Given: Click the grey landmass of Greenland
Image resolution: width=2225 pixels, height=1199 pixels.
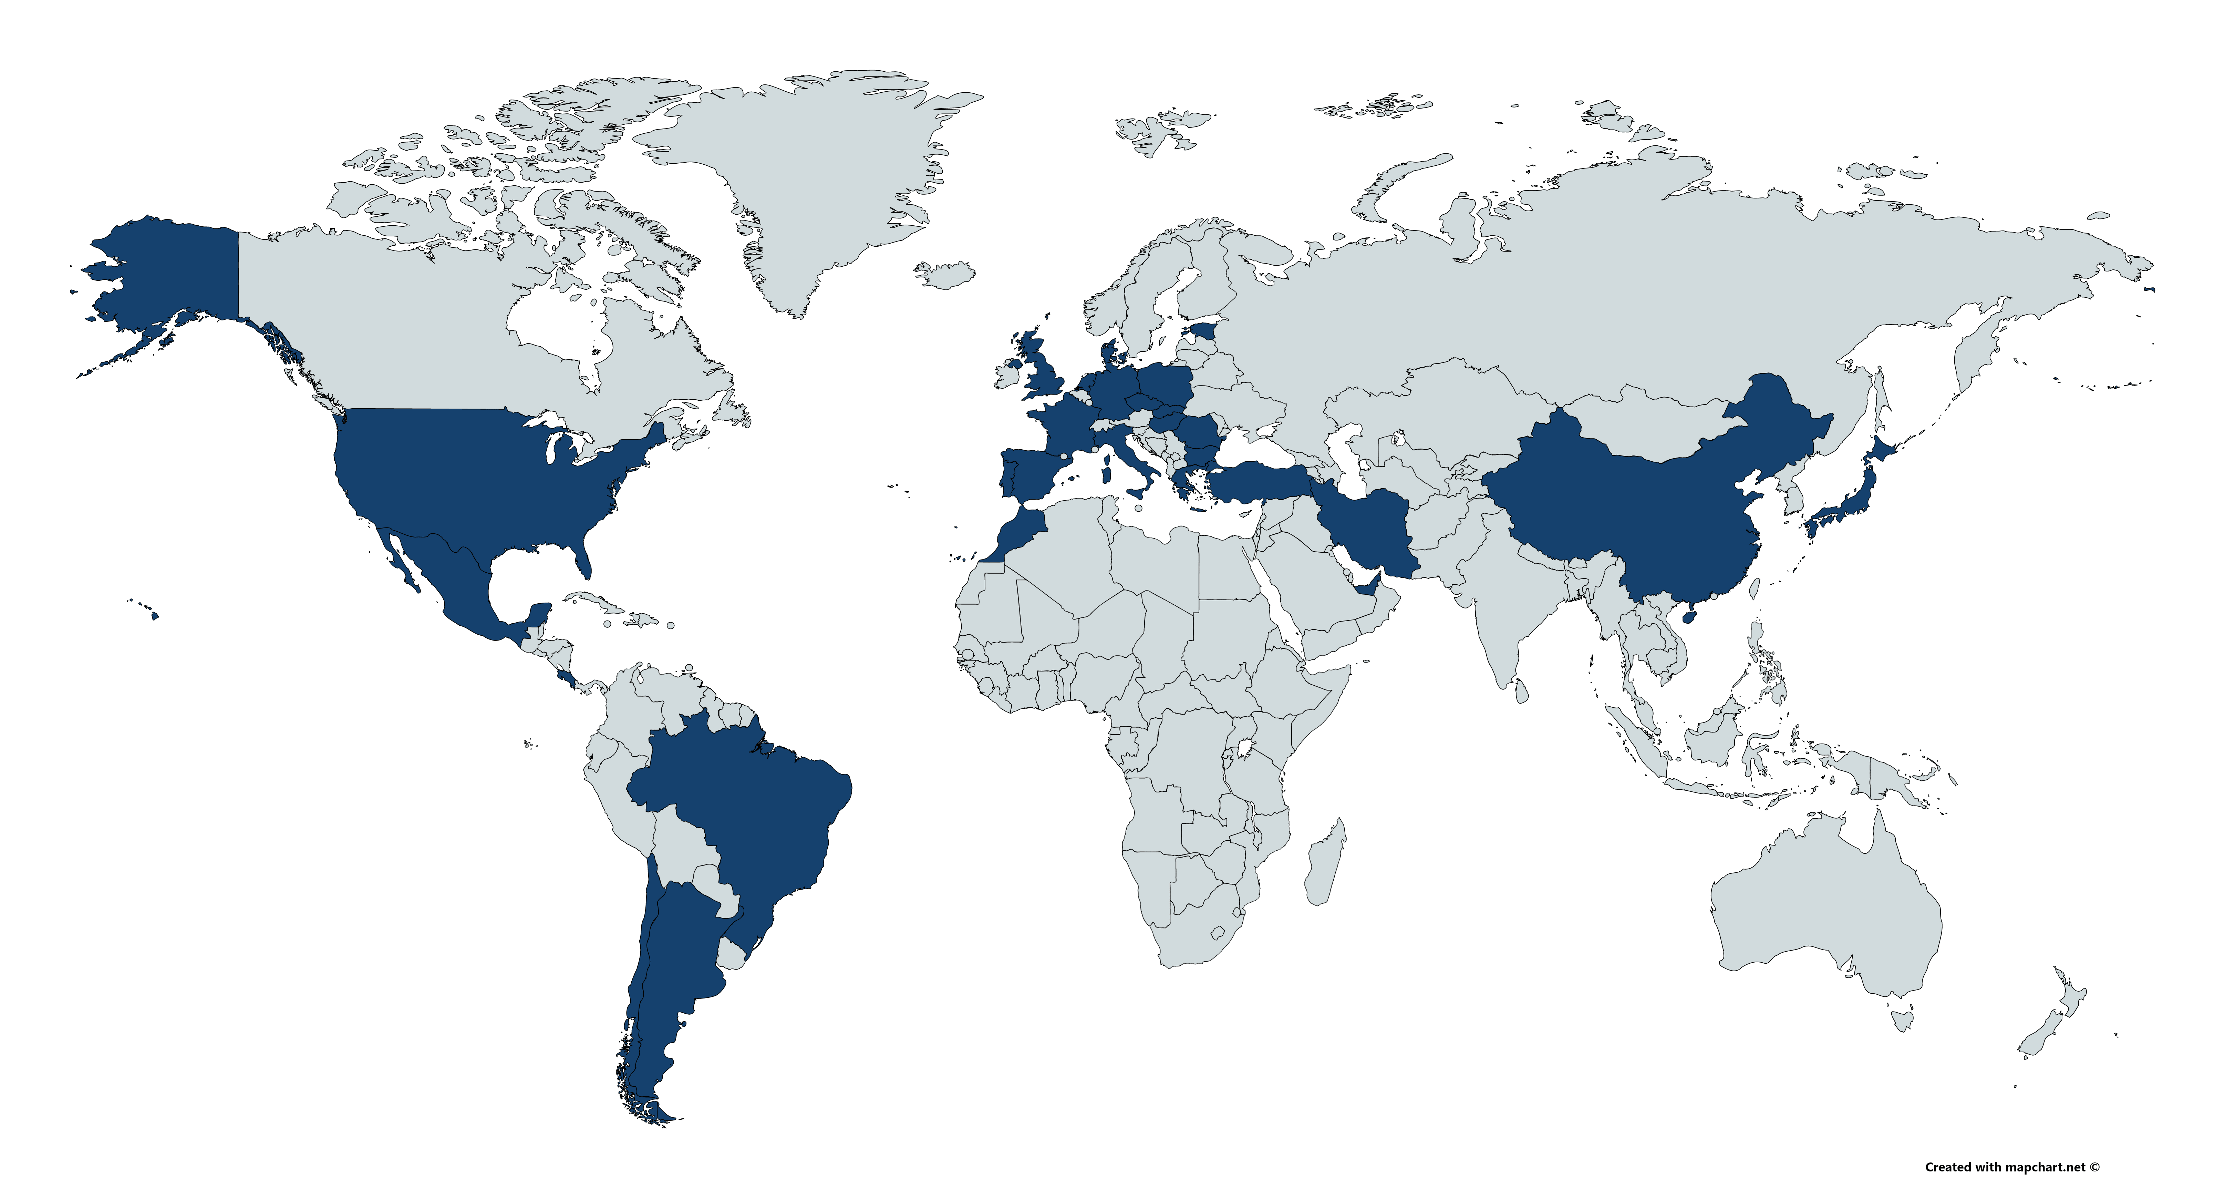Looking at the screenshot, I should pos(820,173).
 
